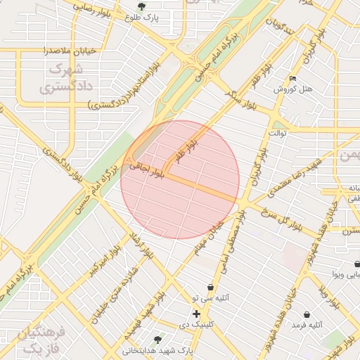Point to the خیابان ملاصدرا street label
46,51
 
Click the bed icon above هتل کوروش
293,79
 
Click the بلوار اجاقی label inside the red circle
146,172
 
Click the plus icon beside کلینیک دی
196,313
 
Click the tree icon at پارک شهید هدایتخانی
157,339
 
